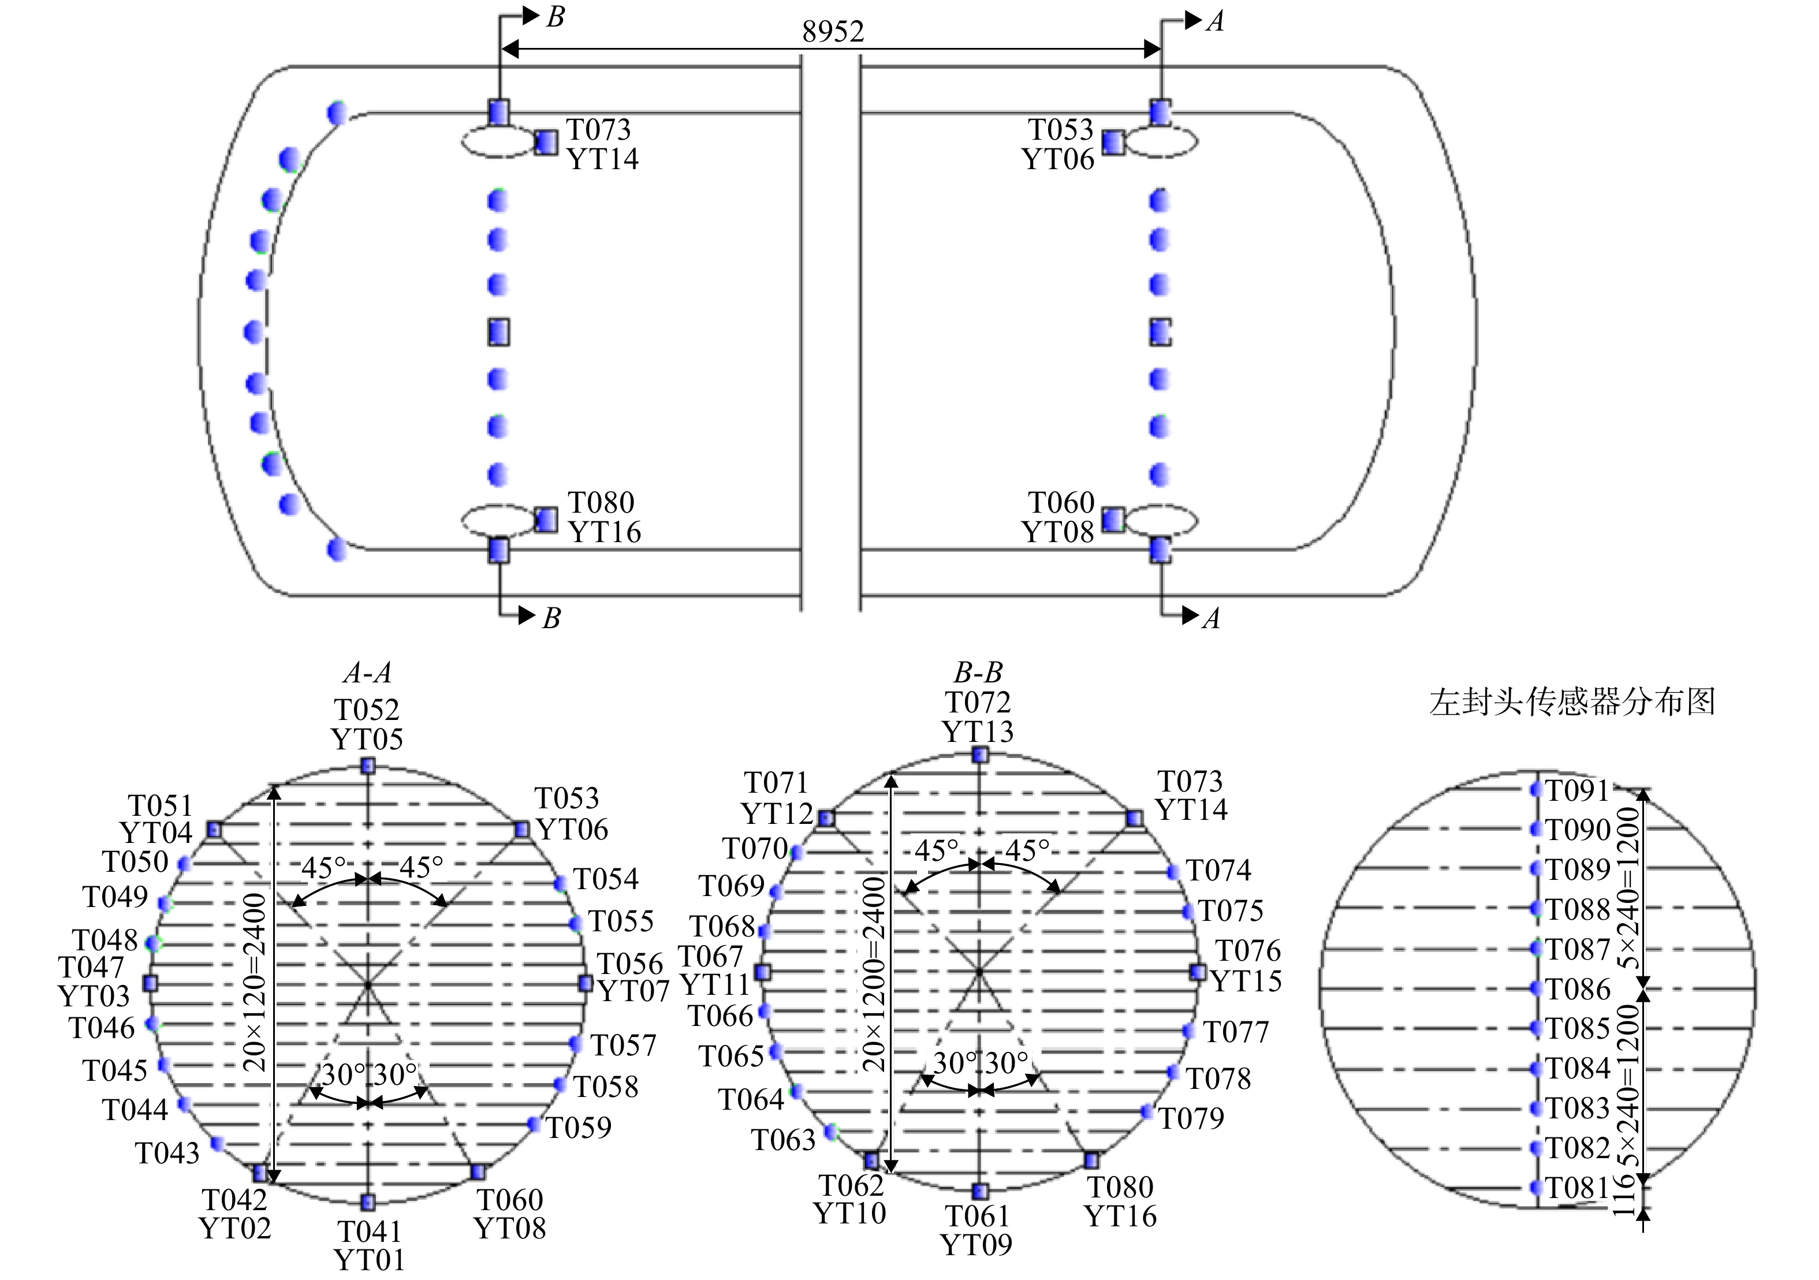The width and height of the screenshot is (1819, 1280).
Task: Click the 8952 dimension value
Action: click(833, 31)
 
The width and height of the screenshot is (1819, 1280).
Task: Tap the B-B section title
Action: click(978, 673)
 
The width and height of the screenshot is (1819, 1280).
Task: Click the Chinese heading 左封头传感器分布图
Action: click(1572, 703)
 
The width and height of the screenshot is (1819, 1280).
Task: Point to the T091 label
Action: click(1578, 790)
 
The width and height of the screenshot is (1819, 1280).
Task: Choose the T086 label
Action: click(1578, 990)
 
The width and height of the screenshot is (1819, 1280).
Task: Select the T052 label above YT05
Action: click(367, 710)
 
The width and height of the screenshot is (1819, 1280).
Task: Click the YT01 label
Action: click(369, 1259)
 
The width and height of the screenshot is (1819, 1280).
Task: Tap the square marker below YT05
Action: click(368, 766)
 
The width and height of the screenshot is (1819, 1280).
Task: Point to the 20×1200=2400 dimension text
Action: click(873, 973)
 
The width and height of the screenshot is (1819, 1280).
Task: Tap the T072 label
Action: click(978, 703)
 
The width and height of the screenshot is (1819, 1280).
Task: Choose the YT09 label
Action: click(977, 1244)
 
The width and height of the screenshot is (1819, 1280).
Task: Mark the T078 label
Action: click(1218, 1078)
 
